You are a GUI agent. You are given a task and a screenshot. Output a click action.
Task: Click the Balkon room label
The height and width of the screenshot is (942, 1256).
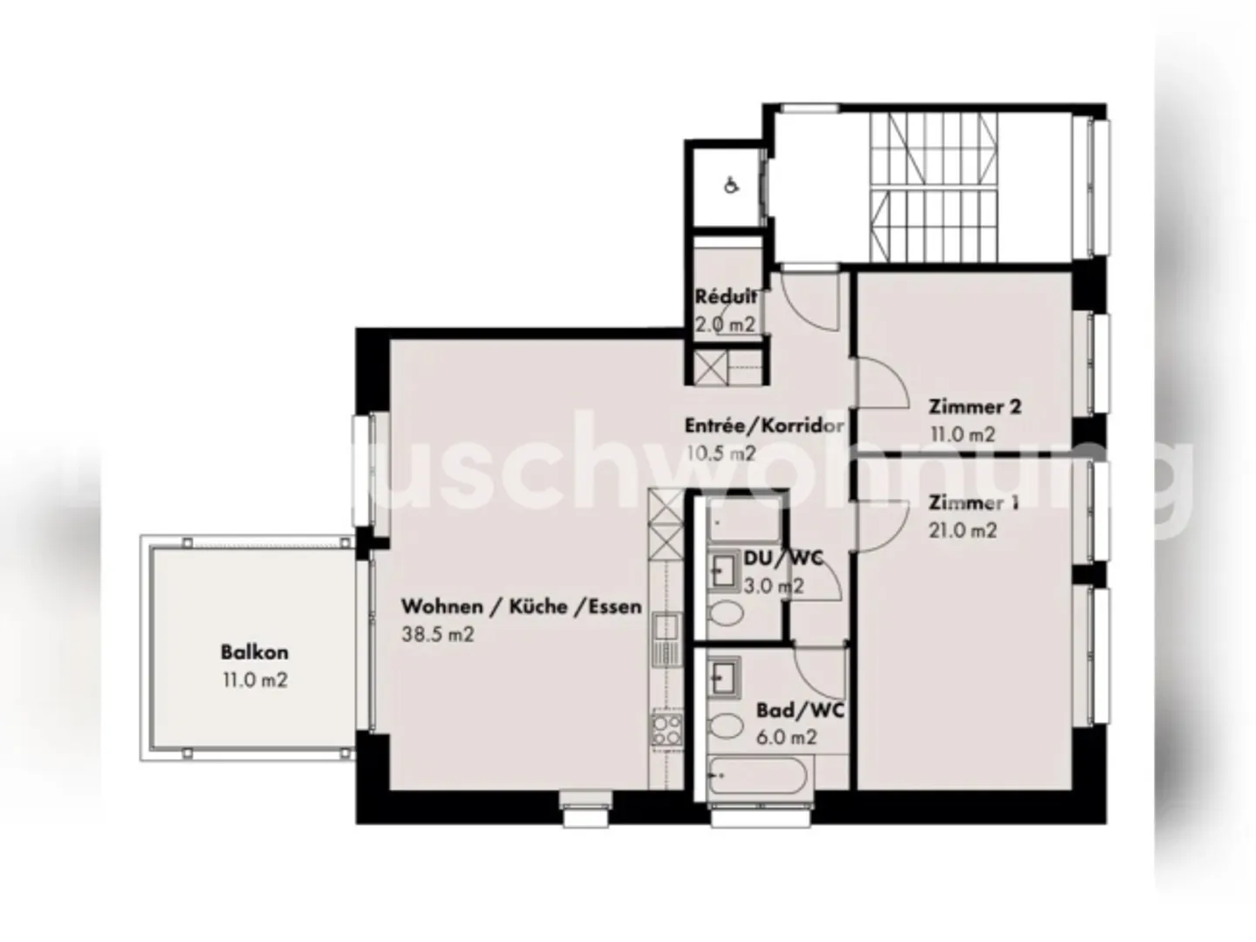[x=254, y=652]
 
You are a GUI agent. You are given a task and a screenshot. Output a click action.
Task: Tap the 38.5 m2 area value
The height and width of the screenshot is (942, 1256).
[x=438, y=634]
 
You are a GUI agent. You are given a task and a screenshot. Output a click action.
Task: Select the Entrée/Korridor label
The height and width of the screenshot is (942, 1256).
[x=763, y=426]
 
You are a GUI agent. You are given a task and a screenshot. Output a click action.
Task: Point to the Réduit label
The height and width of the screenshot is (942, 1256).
[x=726, y=297]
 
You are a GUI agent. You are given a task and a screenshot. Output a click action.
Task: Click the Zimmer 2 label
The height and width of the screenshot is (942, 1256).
[x=974, y=406]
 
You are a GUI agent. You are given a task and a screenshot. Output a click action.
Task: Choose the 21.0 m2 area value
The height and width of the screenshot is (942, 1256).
[x=962, y=529]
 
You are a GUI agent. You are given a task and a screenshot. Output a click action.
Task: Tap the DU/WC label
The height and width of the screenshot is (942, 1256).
[x=782, y=558]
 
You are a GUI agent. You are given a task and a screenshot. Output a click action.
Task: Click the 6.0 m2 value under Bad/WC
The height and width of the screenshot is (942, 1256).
[x=787, y=737]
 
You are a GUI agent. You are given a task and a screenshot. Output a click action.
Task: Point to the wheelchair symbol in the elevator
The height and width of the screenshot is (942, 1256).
[x=732, y=185]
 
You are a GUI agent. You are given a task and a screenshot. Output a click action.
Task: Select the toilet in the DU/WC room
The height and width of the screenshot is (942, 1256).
[x=724, y=614]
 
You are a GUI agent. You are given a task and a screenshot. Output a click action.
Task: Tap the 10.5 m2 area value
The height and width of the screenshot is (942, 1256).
[x=720, y=454]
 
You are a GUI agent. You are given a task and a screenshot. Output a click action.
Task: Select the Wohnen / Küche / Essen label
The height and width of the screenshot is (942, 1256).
[x=521, y=606]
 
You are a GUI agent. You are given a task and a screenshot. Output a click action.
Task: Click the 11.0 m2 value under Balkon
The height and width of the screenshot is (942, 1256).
[x=254, y=680]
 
